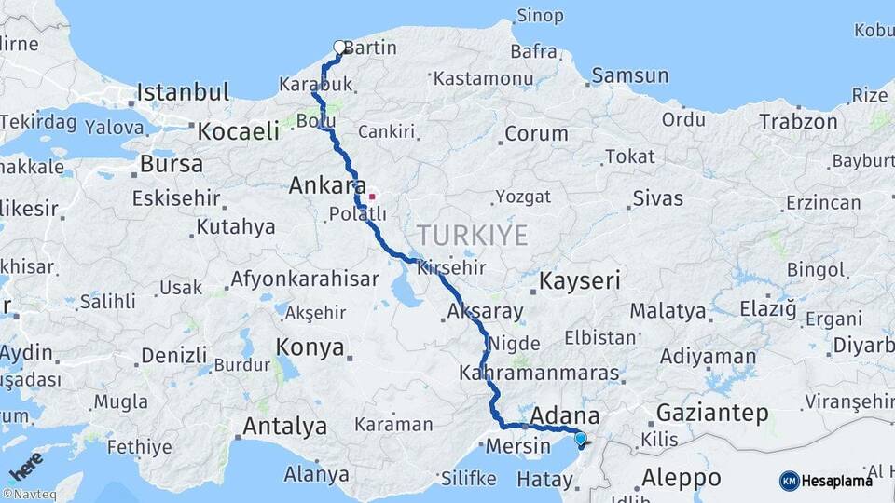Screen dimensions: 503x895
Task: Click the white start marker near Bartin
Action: [339, 47]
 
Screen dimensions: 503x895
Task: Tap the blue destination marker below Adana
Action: [580, 439]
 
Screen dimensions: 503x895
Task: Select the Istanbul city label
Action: [183, 92]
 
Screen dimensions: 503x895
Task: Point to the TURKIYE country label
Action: [472, 235]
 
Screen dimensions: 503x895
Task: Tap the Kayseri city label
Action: [580, 280]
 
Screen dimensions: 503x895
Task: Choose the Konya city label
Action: [310, 347]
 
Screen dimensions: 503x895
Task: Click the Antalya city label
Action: [284, 427]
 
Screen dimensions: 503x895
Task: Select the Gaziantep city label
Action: [712, 412]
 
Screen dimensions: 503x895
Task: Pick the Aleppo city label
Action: [681, 478]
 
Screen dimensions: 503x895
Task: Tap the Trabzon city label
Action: [798, 121]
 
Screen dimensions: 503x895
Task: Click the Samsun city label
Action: [630, 75]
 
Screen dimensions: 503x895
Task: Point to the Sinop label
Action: [540, 16]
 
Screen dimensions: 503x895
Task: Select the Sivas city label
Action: [657, 198]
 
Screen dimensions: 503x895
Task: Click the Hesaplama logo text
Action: [838, 481]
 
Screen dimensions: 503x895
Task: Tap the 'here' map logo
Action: [25, 465]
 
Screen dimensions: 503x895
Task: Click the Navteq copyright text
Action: [26, 494]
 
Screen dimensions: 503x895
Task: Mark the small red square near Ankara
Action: [372, 197]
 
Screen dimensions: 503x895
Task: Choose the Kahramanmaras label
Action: [539, 374]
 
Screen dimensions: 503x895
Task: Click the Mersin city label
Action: [517, 446]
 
